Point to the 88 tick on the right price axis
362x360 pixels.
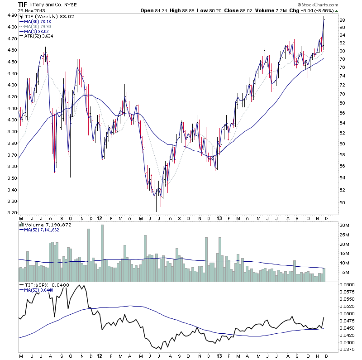click(x=343, y=20)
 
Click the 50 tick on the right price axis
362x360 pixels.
click(x=343, y=202)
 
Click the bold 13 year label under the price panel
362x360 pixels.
click(x=219, y=218)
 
